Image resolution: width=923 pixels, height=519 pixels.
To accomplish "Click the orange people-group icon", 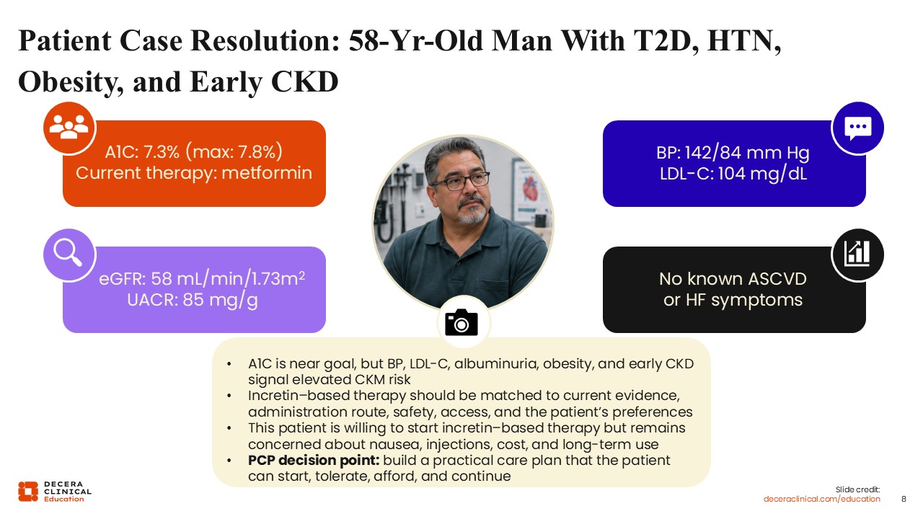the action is (69, 128).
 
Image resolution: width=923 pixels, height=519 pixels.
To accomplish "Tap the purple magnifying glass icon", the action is (69, 254).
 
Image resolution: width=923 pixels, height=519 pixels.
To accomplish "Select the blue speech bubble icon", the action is (858, 128).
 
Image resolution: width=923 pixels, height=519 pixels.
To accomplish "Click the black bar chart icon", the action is (858, 254).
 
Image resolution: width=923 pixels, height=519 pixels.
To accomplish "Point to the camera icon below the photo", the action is (461, 322).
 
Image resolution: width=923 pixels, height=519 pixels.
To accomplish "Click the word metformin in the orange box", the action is (267, 173).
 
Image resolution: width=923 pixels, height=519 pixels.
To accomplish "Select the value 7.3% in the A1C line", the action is (162, 152).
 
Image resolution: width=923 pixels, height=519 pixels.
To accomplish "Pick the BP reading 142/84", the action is (713, 153).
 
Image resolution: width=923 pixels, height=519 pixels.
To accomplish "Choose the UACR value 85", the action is (194, 300).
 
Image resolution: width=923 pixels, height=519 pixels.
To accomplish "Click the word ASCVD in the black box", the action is (777, 279).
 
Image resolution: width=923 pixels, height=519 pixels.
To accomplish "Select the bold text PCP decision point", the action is (314, 460).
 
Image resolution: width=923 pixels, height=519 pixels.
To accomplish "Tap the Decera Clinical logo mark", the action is (28, 492).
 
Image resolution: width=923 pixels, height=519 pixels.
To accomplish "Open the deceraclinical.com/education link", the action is (821, 499).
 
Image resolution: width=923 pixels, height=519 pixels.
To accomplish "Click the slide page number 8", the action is (904, 499).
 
